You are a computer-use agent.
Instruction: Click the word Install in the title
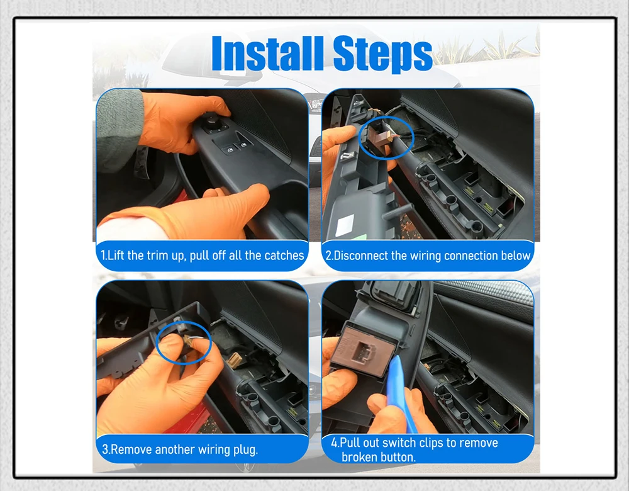coord(267,54)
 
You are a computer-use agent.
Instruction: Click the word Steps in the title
coord(382,54)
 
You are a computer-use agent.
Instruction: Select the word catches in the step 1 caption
coord(284,256)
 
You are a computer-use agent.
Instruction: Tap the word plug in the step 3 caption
coord(245,449)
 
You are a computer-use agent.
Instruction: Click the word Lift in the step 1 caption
coord(116,256)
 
